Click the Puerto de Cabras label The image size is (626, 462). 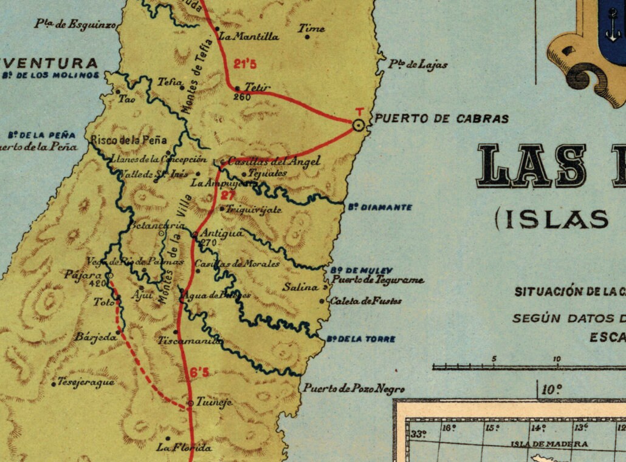pos(441,119)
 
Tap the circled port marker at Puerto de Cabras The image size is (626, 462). pos(359,125)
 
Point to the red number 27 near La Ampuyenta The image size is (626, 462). pos(227,195)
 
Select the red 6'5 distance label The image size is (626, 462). pos(199,372)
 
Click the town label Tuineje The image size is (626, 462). pos(213,403)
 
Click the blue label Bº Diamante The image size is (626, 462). pos(380,207)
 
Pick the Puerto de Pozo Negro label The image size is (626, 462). pos(354,389)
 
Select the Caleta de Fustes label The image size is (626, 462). pos(365,301)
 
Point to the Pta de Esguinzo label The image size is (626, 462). pos(75,24)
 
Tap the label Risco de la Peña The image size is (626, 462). pos(128,140)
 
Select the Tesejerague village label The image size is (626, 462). pos(86,382)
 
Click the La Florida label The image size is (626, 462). pos(184,448)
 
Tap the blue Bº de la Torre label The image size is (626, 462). pos(360,339)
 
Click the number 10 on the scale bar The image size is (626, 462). pos(557,359)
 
